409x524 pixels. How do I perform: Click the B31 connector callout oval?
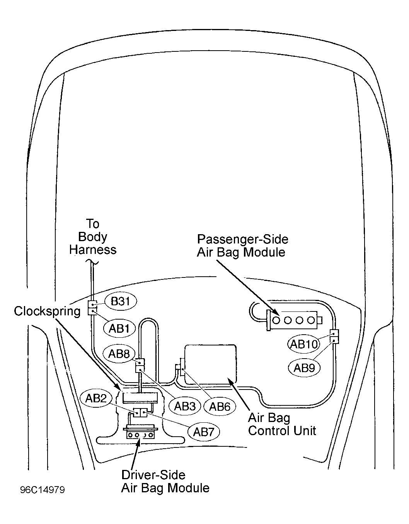[121, 301]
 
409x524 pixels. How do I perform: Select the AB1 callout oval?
[119, 328]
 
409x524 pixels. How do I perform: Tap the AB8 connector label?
[119, 354]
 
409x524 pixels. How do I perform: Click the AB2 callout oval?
[96, 398]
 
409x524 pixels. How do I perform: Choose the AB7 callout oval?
[204, 432]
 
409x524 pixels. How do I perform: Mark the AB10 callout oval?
[303, 344]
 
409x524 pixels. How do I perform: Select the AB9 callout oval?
[304, 368]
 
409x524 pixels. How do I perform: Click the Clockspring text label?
[47, 311]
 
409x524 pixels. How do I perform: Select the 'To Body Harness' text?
[93, 237]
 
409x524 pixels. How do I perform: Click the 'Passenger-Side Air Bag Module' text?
[242, 246]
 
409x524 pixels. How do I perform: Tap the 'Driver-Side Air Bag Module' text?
[165, 481]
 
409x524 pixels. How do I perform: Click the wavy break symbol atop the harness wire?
[92, 262]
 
